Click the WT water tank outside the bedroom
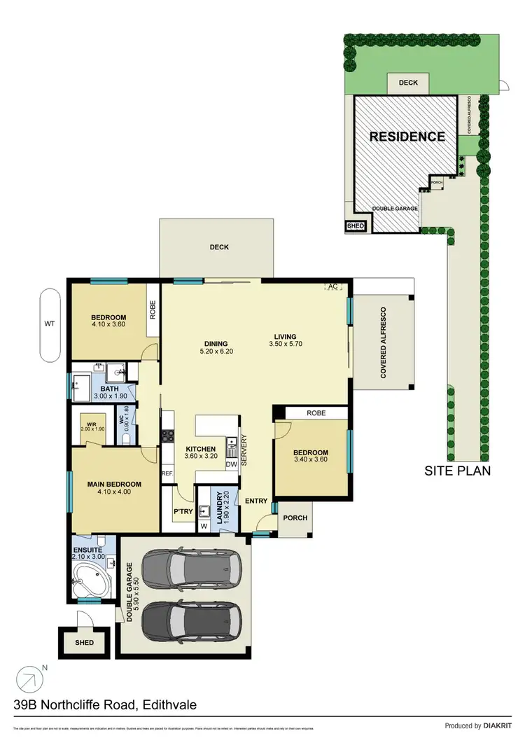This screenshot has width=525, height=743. pos(50,324)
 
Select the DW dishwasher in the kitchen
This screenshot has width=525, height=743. pos(231,464)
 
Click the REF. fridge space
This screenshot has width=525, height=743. pos(167,473)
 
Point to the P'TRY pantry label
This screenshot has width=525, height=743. pos(183,511)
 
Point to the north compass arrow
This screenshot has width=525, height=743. pos(29,679)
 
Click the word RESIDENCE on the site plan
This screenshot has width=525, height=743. pos(407,137)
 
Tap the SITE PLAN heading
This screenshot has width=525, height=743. pos(458,471)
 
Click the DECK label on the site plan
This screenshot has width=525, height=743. pos(408,83)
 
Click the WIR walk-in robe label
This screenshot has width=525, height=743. pos(91,424)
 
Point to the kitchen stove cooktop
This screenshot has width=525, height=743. pos(168,436)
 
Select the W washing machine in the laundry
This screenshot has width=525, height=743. pos(205,525)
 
